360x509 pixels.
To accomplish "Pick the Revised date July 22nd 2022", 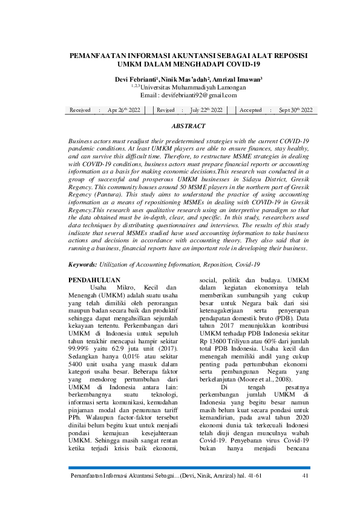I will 206,110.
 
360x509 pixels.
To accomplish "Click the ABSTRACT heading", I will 188,126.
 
